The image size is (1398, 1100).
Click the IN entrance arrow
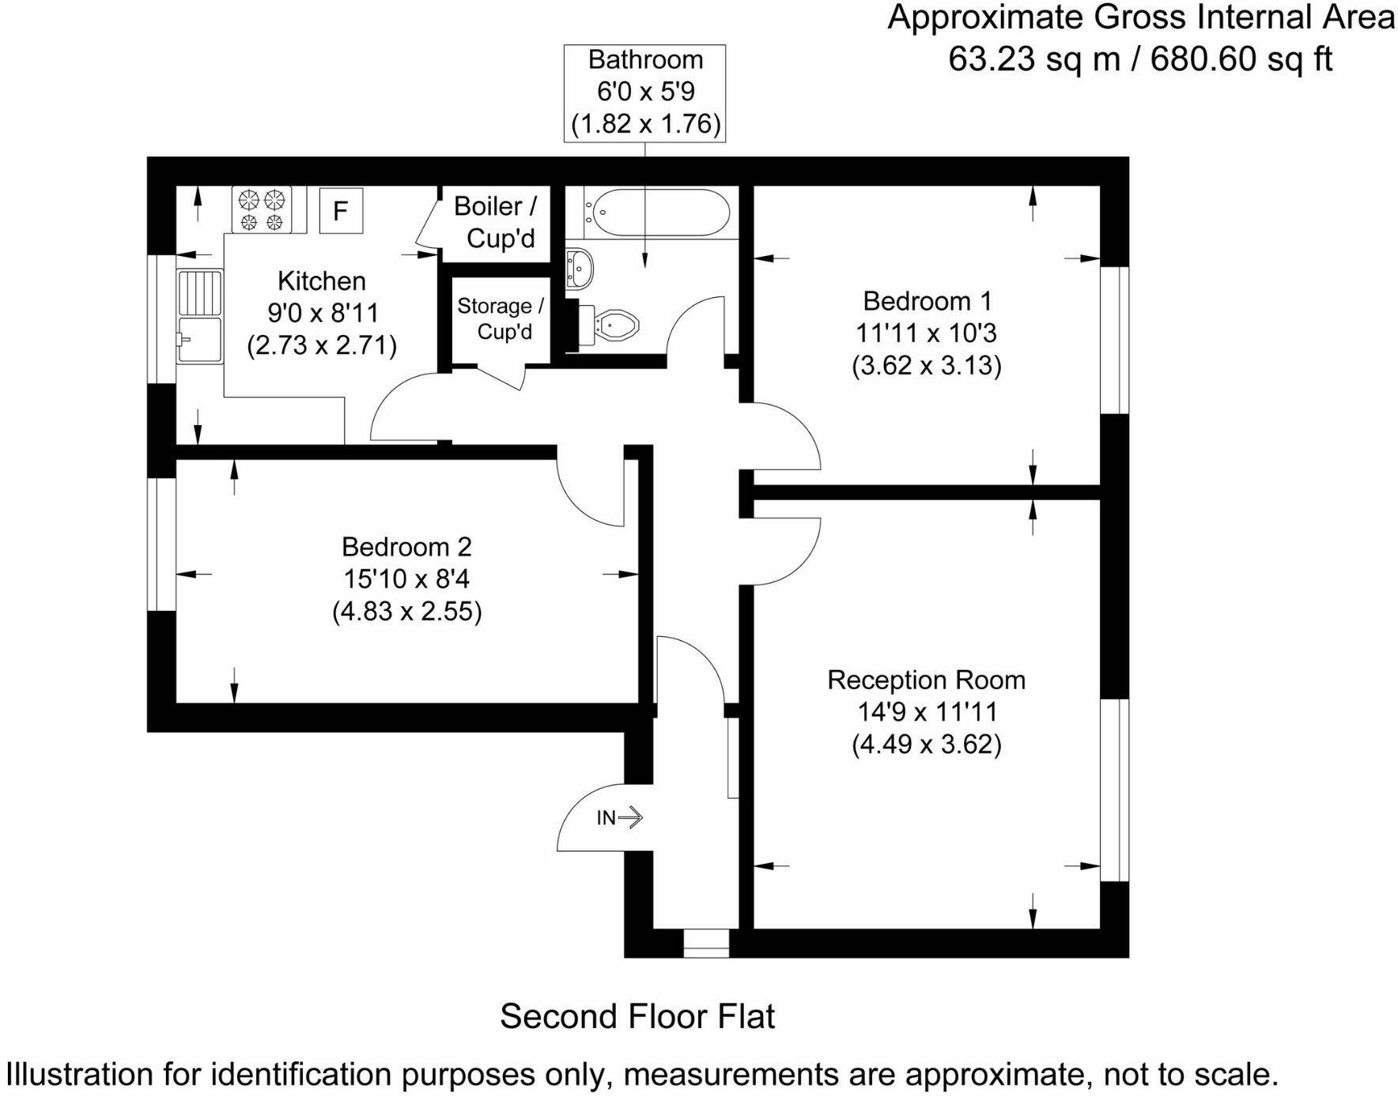pos(629,817)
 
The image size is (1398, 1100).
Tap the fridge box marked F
pos(341,210)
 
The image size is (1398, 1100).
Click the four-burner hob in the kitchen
pos(262,209)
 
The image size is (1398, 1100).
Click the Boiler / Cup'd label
pos(497,222)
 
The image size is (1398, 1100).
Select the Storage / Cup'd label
pos(501,318)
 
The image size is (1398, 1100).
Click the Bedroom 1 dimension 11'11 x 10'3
pos(926,333)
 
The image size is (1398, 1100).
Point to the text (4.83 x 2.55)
pos(406,612)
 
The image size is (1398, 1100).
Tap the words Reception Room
pos(926,680)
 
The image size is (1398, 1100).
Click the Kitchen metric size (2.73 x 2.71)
pos(322,345)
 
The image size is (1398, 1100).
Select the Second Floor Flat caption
pos(637,1016)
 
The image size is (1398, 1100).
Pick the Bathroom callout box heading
pos(645,60)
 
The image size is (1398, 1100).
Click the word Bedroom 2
pos(406,547)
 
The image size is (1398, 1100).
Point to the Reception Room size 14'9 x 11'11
pos(926,712)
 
